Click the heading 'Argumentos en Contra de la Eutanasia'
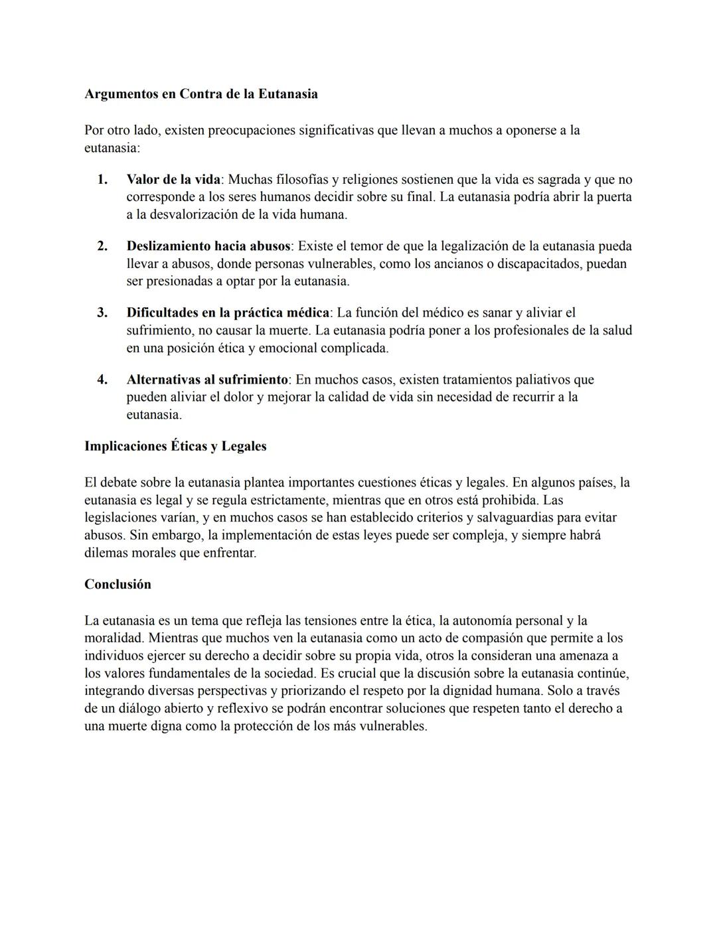[200, 94]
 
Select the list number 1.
[102, 180]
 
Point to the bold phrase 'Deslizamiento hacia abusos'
[208, 246]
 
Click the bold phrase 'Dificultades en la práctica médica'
[228, 313]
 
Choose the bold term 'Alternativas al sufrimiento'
[207, 380]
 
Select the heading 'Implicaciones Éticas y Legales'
[175, 446]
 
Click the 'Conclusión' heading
[118, 585]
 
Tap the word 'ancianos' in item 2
[464, 264]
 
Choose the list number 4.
[102, 380]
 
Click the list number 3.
[102, 313]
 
